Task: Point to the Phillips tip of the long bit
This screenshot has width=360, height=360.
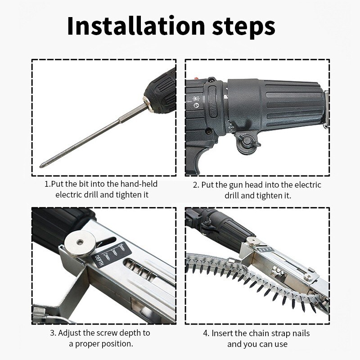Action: point(42,166)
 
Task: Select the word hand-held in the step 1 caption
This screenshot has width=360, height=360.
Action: point(137,184)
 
